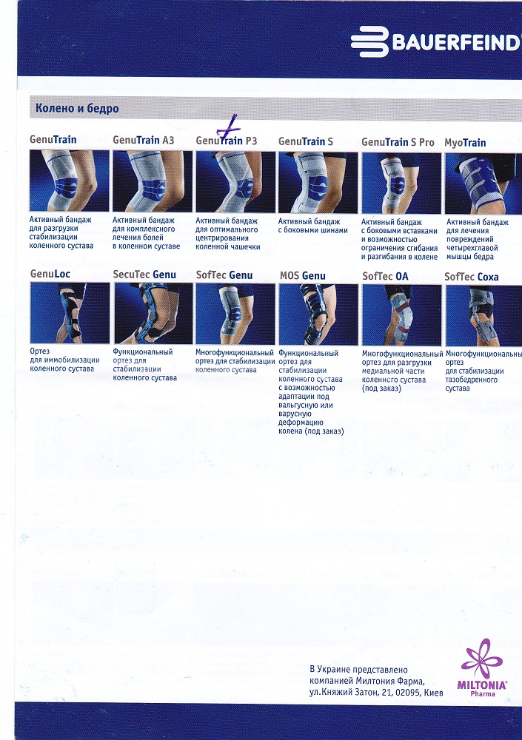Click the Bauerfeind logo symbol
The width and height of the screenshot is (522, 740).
pyautogui.click(x=369, y=42)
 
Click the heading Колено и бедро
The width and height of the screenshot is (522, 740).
pyautogui.click(x=77, y=109)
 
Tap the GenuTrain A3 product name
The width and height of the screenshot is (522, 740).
pyautogui.click(x=143, y=140)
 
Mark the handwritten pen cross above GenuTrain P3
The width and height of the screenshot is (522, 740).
pyautogui.click(x=229, y=126)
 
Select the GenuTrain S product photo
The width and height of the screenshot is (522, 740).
pyautogui.click(x=318, y=182)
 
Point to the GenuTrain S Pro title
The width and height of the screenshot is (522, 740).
pyautogui.click(x=398, y=142)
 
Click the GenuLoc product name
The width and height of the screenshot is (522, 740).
pyautogui.click(x=50, y=274)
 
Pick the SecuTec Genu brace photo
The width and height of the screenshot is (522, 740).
pyautogui.click(x=153, y=313)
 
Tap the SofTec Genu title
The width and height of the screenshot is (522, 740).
pyautogui.click(x=224, y=275)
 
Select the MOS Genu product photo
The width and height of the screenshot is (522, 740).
pyautogui.click(x=318, y=314)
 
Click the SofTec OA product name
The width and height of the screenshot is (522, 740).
pyautogui.click(x=385, y=276)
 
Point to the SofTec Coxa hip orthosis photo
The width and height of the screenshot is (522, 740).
pyautogui.click(x=483, y=315)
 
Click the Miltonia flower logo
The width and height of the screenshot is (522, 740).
pyautogui.click(x=482, y=659)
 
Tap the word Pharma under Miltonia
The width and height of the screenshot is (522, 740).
pyautogui.click(x=482, y=694)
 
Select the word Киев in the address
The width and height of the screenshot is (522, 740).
pyautogui.click(x=433, y=693)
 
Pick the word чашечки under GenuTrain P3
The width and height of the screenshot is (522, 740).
pyautogui.click(x=244, y=247)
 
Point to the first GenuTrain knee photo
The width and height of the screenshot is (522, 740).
pyautogui.click(x=70, y=181)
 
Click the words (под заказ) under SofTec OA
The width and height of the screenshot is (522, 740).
pyautogui.click(x=381, y=388)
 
